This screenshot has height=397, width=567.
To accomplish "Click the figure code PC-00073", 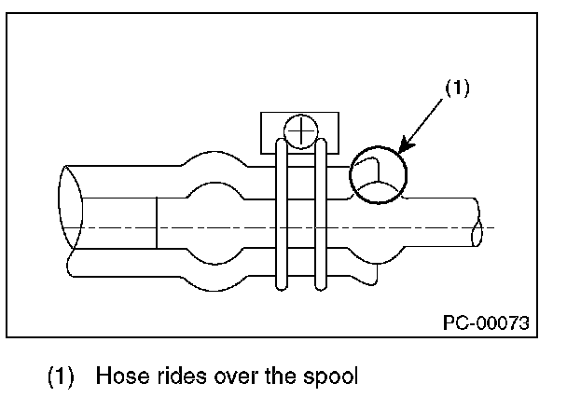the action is pyautogui.click(x=486, y=322).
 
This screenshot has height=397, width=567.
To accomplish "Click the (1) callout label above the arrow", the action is pyautogui.click(x=457, y=88).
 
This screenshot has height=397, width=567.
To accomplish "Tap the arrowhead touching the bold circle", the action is pyautogui.click(x=406, y=146).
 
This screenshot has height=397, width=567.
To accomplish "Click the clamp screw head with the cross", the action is pyautogui.click(x=301, y=131).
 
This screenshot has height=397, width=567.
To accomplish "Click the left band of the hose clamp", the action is pyautogui.click(x=282, y=215).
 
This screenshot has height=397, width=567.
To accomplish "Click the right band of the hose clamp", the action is pyautogui.click(x=321, y=215).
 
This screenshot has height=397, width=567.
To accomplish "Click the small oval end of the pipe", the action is pyautogui.click(x=477, y=234).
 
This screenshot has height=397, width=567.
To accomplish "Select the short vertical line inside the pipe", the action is pyautogui.click(x=157, y=223).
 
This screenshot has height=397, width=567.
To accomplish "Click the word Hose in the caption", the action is pyautogui.click(x=122, y=376).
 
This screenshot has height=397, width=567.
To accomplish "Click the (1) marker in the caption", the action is pyautogui.click(x=61, y=376).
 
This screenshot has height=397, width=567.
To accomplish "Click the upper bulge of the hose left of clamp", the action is pyautogui.click(x=215, y=152).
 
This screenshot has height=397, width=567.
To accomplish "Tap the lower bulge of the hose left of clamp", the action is pyautogui.click(x=215, y=290).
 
